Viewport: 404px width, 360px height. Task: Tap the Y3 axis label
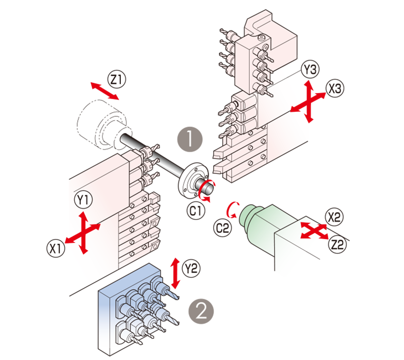click(310, 70)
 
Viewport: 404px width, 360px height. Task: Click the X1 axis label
click(56, 248)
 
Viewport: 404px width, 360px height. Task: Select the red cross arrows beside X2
click(311, 231)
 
